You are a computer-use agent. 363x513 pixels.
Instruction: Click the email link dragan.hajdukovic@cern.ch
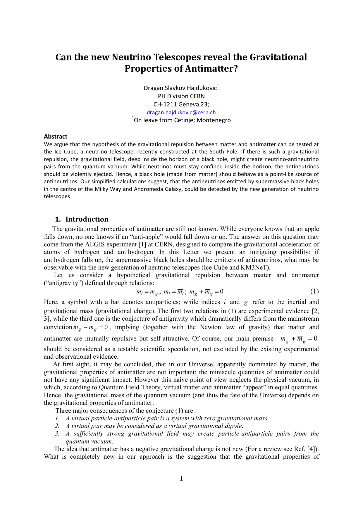181,113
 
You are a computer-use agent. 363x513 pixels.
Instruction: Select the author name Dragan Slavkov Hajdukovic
180,88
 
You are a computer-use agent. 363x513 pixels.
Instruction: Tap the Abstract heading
56,137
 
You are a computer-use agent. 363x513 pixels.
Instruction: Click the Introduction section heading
87,219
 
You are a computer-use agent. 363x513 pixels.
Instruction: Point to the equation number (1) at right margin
314,291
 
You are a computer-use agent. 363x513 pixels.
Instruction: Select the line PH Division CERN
181,96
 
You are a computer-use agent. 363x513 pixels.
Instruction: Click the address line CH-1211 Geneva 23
181,104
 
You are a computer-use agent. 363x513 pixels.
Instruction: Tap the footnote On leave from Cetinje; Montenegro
182,120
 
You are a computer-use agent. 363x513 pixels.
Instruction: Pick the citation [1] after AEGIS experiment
142,244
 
